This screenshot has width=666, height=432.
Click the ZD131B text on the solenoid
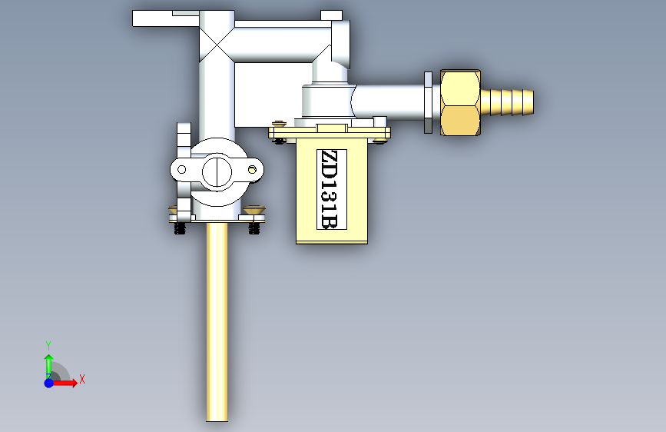pyautogui.click(x=331, y=189)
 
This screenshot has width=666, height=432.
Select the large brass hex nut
pyautogui.click(x=460, y=102)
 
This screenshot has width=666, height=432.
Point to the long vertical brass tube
pyautogui.click(x=217, y=322)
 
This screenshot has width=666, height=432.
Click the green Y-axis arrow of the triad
pyautogui.click(x=49, y=365)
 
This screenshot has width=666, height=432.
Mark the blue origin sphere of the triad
pyautogui.click(x=49, y=383)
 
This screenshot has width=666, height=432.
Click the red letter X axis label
pyautogui.click(x=82, y=379)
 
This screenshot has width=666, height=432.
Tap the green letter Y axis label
pyautogui.click(x=48, y=345)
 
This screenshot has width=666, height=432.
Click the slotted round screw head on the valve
pyautogui.click(x=217, y=172)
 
